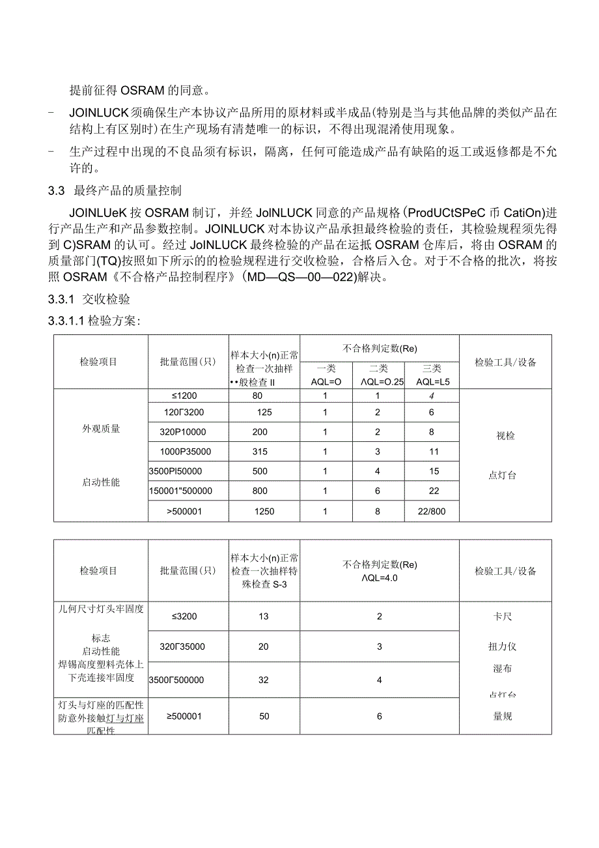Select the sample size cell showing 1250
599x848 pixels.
264,512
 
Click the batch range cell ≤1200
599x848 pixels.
185,396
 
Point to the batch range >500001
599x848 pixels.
184,512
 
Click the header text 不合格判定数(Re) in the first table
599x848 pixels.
380,349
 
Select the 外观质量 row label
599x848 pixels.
101,429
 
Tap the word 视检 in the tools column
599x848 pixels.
505,436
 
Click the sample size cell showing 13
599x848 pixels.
264,616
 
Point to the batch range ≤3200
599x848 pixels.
184,616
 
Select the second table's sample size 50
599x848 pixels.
264,716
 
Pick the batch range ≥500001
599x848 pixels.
184,716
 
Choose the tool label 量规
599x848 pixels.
503,716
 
